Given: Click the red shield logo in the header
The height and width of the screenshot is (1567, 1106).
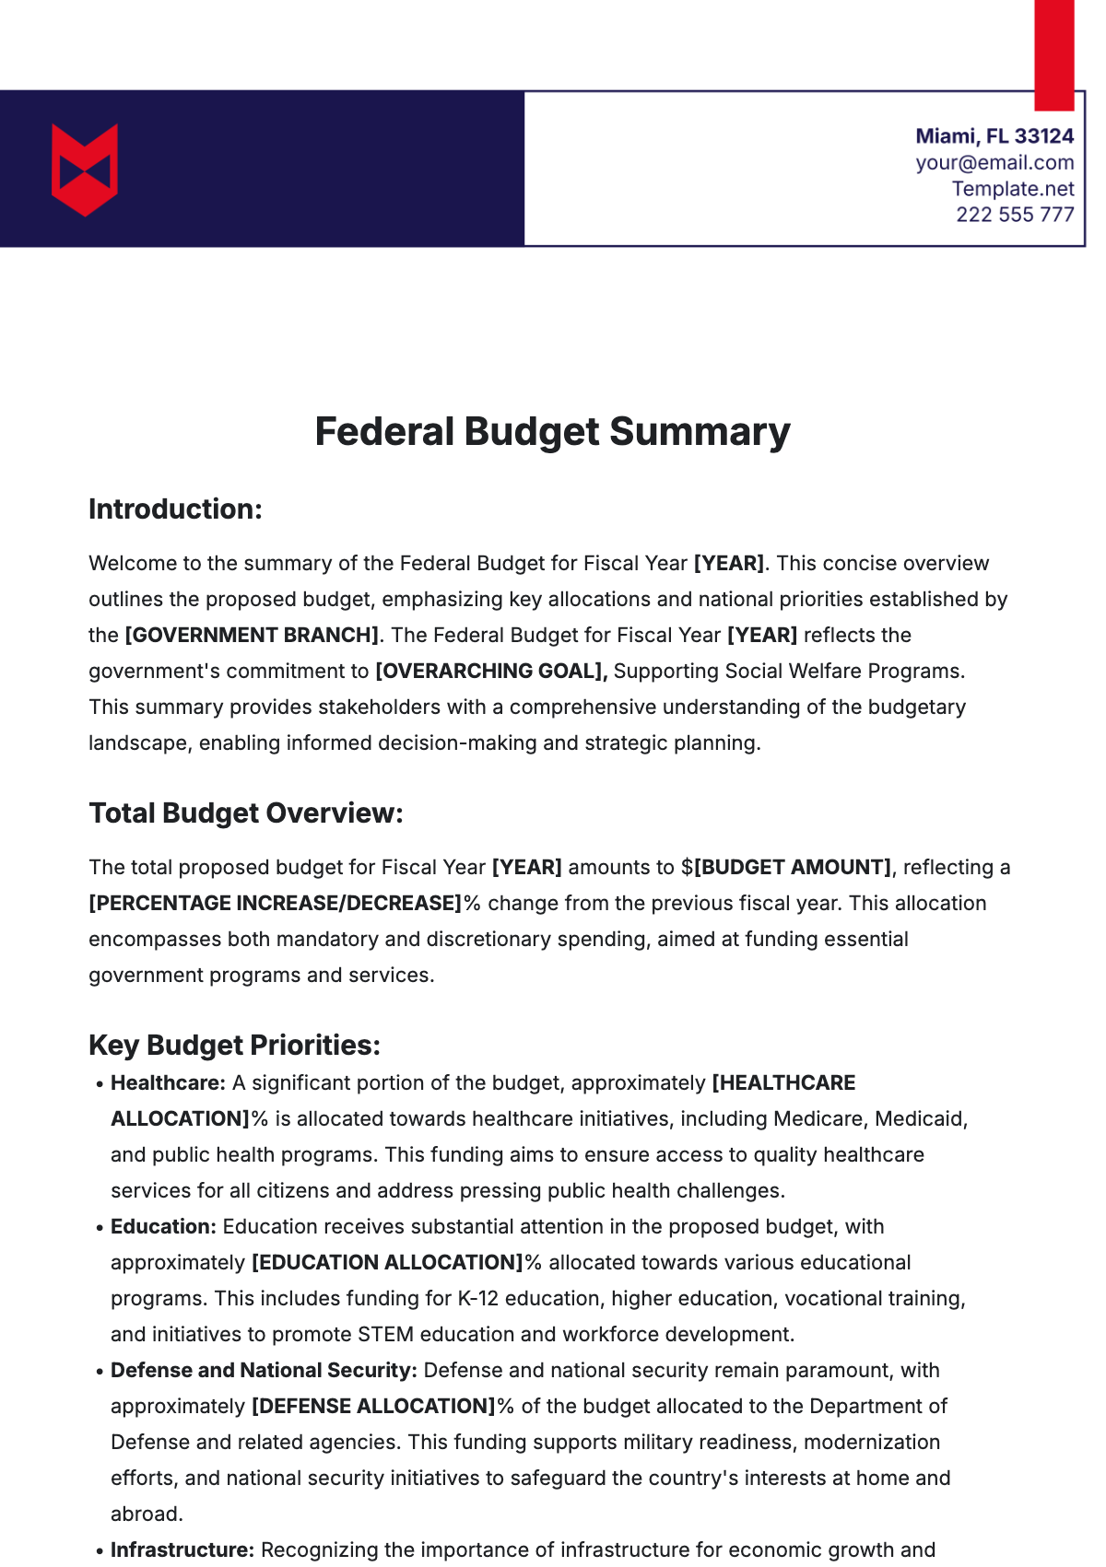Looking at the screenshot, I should click(x=85, y=170).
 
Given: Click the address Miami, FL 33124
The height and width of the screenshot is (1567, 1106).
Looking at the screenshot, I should click(x=994, y=136).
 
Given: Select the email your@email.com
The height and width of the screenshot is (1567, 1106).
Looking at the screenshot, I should click(x=994, y=163).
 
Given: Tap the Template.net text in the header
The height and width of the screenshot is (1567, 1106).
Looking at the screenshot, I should click(x=1013, y=189).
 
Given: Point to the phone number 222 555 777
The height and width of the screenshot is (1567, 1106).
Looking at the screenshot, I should click(x=1015, y=215).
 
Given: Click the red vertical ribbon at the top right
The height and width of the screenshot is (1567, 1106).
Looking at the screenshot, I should click(x=1053, y=53).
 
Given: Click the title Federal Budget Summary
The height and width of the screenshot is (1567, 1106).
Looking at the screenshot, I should click(x=552, y=432).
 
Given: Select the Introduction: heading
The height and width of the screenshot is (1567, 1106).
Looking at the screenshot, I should click(x=175, y=509).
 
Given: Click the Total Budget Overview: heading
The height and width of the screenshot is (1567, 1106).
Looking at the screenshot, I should click(x=246, y=813).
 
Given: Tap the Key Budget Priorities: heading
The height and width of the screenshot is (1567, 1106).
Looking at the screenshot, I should click(x=234, y=1046).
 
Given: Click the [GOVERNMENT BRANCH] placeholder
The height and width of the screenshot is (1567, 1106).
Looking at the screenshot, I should click(x=252, y=636).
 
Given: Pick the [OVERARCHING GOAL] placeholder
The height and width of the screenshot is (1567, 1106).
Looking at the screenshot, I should click(x=490, y=672).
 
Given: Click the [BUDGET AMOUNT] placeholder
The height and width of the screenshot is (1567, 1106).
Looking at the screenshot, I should click(x=792, y=868).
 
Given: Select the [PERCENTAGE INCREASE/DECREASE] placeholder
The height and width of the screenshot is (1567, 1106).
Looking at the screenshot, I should click(x=275, y=904).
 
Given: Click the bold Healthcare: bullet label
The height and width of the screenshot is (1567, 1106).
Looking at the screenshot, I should click(x=168, y=1083).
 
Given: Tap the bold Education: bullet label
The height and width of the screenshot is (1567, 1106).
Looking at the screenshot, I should click(x=163, y=1227).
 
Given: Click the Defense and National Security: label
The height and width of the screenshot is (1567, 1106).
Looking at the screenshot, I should click(x=264, y=1371).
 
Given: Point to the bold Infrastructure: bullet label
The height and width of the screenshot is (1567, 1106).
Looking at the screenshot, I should click(x=182, y=1550).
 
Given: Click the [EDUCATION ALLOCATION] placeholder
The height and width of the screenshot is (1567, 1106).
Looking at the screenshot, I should click(x=387, y=1263).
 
